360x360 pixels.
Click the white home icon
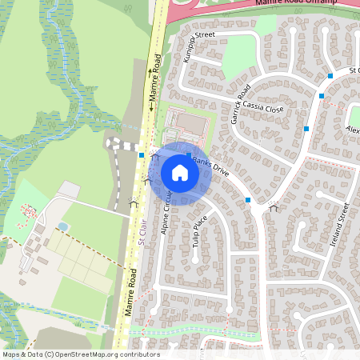coord(180,173)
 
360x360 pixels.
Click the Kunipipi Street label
coord(199,47)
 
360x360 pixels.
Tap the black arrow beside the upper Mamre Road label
coord(150,105)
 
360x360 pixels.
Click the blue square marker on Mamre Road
coord(141,154)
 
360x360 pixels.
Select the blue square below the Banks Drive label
coord(248,199)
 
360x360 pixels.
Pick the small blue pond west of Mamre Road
coord(62,227)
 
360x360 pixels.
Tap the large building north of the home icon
coord(190,122)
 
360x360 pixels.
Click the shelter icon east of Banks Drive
coord(274,207)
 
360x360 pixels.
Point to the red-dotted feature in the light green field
coord(29,212)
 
